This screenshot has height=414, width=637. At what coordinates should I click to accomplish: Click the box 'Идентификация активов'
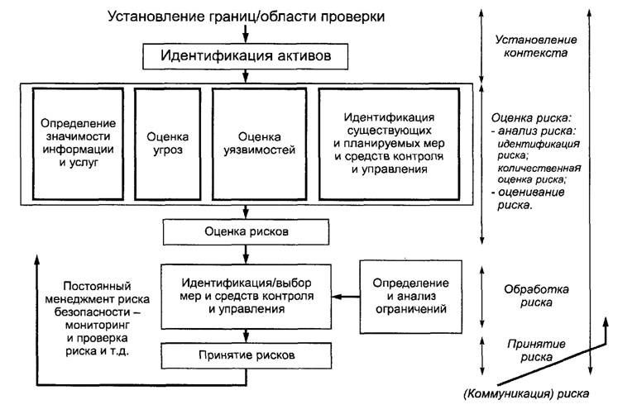point(246,56)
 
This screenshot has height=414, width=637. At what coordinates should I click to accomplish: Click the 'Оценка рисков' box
point(246,231)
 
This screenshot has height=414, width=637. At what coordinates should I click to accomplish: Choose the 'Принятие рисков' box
point(246,356)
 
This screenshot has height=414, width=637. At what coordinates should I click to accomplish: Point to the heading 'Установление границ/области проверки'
point(247,16)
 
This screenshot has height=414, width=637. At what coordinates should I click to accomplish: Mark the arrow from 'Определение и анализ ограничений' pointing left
point(347,297)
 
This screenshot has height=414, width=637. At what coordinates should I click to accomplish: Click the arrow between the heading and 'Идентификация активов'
point(246,34)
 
